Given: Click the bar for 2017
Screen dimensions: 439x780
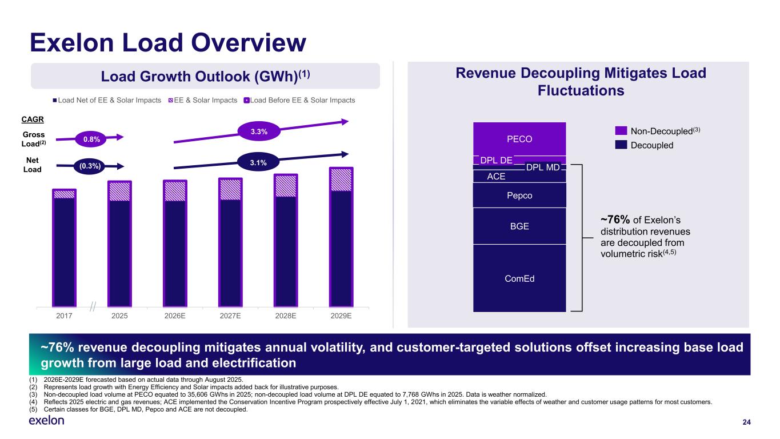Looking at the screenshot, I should point(64,249).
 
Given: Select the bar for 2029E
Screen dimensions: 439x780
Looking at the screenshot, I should point(341,237).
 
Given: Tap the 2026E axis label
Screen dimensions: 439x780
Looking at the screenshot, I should point(175,315).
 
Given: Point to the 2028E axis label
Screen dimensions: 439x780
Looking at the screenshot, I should point(286,315).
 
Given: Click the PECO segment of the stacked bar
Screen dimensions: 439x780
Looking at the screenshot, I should point(519,138).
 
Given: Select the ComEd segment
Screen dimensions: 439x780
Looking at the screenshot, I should point(519,278).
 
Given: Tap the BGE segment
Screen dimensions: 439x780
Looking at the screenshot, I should point(519,226).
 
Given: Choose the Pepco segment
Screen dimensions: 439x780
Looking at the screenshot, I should point(519,195).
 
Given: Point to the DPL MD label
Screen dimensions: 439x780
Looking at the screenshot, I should point(542,167).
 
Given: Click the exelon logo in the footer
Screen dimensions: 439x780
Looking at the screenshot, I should point(46,421).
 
